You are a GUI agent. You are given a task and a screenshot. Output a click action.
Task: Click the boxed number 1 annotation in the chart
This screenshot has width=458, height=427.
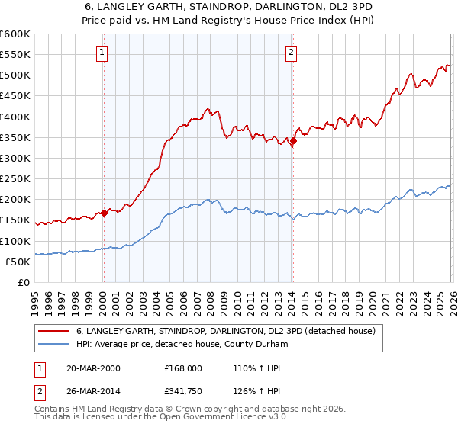click(x=102, y=53)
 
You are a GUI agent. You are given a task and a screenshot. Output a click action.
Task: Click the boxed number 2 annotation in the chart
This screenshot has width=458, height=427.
click(x=292, y=53)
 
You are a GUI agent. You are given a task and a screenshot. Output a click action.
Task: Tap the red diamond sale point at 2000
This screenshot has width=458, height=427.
click(x=105, y=213)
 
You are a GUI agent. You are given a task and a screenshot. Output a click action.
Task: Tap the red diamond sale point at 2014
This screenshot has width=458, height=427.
click(x=293, y=140)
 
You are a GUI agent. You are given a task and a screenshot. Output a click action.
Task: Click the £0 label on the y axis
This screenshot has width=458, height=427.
click(x=23, y=283)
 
